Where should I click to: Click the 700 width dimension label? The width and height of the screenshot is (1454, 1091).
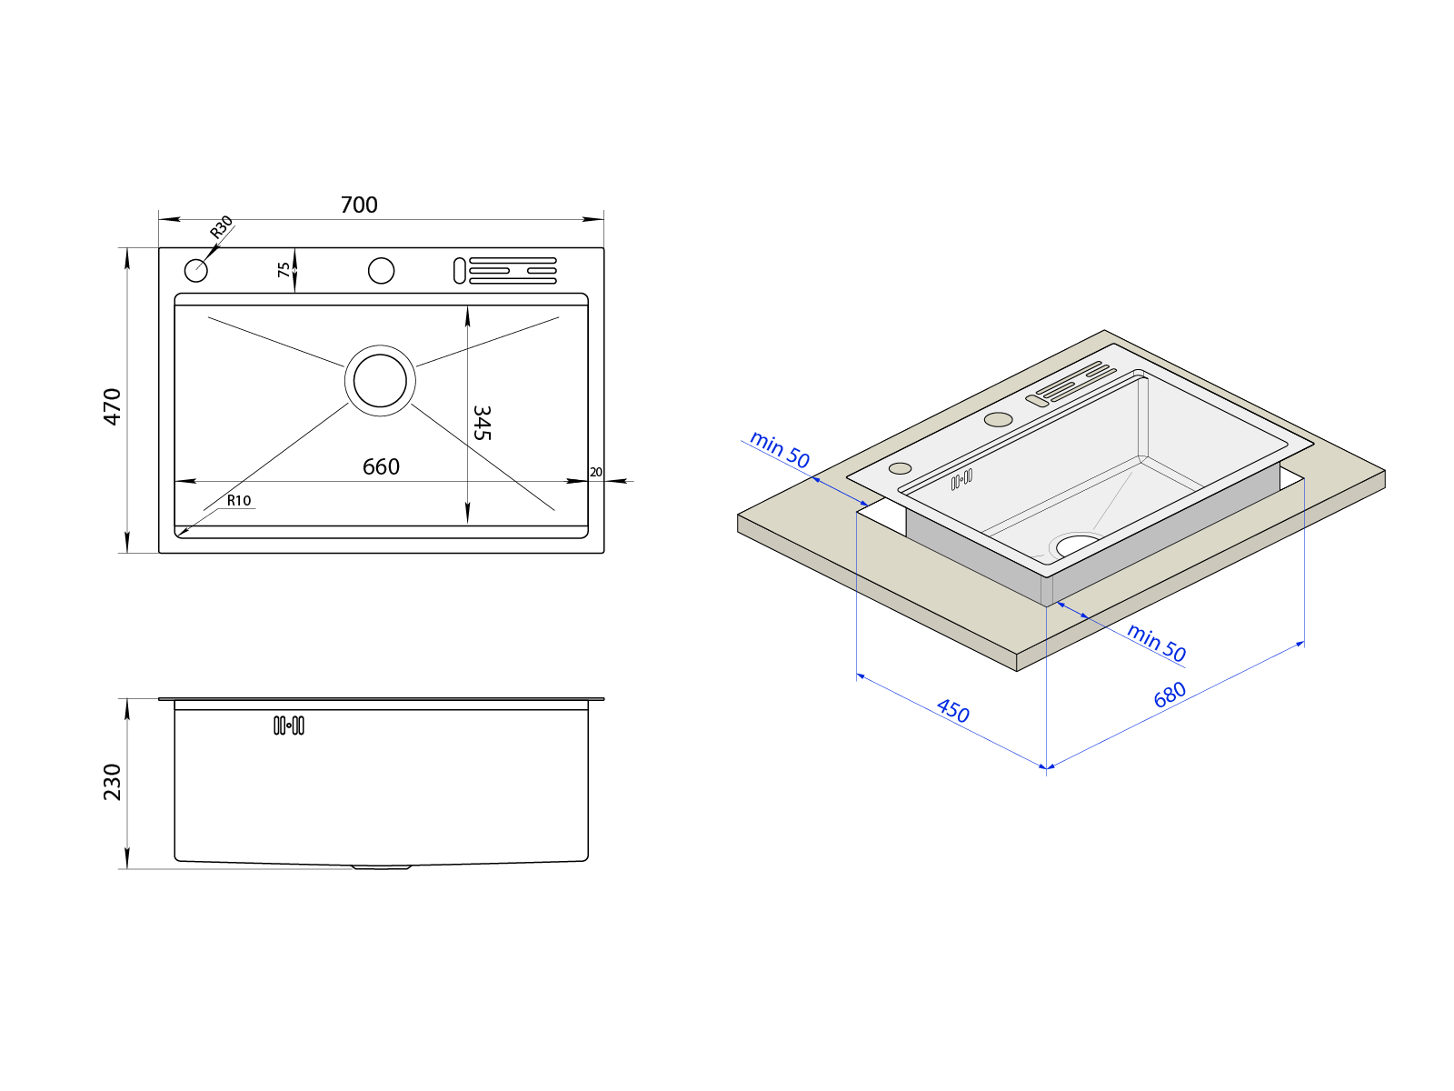click(359, 205)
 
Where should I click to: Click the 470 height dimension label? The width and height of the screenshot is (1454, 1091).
click(112, 405)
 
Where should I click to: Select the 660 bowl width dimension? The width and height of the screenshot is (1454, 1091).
click(381, 466)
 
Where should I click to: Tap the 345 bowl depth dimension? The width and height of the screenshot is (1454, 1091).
click(482, 423)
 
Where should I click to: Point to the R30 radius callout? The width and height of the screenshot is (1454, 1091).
click(221, 227)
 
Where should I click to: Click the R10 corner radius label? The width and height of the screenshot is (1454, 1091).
click(239, 500)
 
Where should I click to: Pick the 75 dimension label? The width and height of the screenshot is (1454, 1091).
click(284, 270)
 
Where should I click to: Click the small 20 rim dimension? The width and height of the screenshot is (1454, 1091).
click(596, 472)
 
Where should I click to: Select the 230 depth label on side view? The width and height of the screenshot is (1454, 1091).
click(112, 782)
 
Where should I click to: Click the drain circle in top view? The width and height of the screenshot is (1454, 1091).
click(380, 380)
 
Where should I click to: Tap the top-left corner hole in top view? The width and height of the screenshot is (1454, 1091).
click(196, 270)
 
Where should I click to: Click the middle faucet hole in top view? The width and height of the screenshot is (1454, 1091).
click(381, 270)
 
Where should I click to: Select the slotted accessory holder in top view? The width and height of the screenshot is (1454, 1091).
click(505, 271)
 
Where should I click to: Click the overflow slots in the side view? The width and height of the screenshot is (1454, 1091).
click(289, 726)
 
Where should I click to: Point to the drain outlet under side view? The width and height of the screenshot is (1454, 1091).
click(382, 867)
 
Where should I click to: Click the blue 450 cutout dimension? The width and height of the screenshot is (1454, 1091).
click(953, 710)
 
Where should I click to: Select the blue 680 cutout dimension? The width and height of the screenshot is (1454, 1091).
click(1170, 695)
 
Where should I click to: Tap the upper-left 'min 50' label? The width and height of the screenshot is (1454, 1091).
click(780, 450)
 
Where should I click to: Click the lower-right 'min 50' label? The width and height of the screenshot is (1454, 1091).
click(1157, 643)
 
